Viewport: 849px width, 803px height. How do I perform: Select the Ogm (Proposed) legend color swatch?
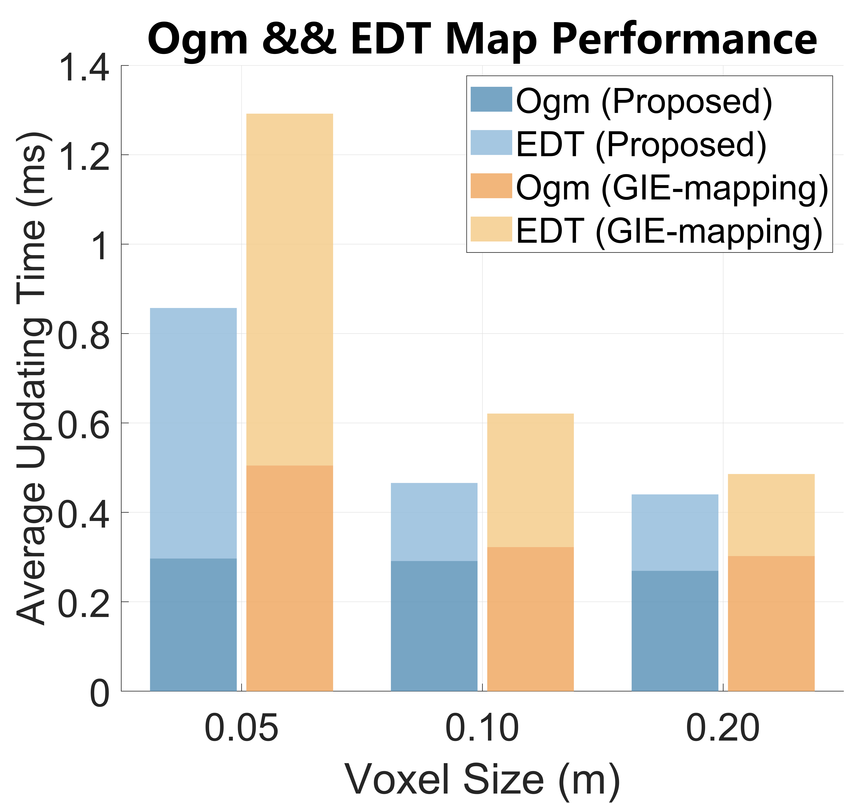(491, 99)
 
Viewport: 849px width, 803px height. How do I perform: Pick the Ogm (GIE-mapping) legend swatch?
(491, 186)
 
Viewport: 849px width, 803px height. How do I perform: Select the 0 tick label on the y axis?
(99, 693)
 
